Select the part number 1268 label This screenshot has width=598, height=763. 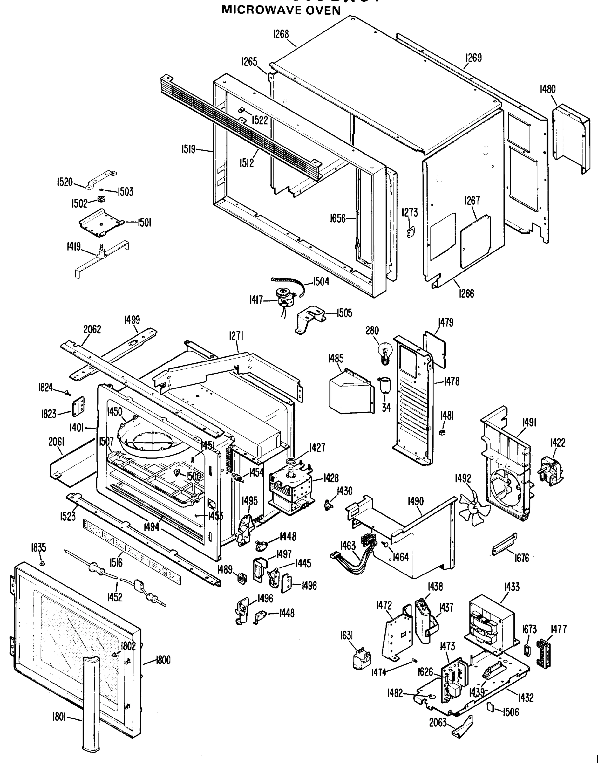281,34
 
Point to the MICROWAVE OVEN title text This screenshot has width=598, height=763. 281,10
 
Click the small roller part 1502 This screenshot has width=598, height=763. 102,200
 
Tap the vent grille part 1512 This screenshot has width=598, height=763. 241,130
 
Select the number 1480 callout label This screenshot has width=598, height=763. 547,89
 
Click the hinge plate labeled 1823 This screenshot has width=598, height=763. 78,407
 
